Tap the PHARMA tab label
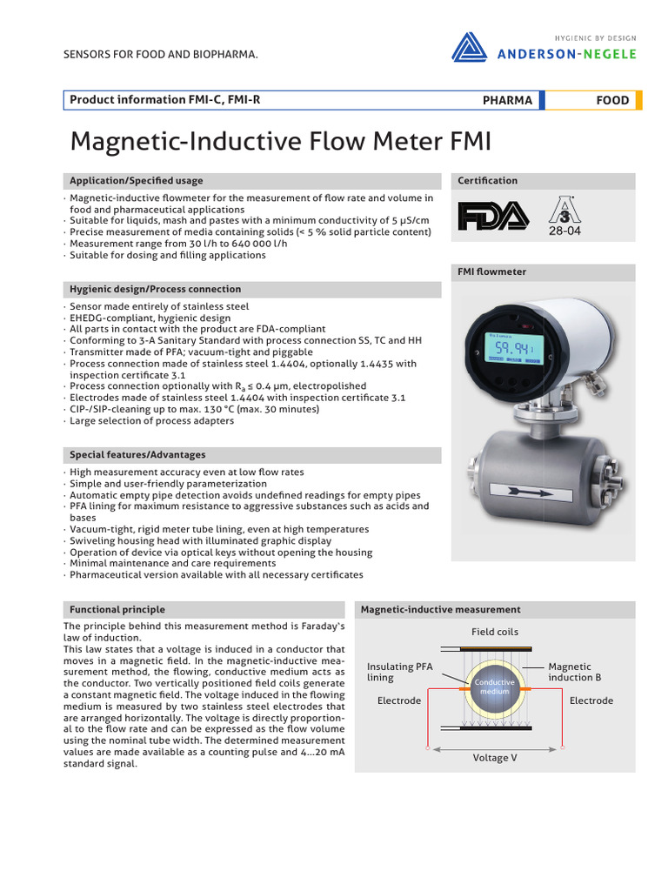click(507, 100)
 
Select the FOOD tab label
click(612, 100)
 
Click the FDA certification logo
click(492, 216)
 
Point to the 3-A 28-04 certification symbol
click(563, 216)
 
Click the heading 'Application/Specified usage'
click(137, 181)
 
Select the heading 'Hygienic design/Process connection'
click(156, 289)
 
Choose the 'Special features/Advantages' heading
click(137, 454)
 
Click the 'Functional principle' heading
click(117, 609)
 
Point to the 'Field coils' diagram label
click(495, 632)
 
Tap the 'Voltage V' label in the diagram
click(495, 758)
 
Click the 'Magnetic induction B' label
click(574, 672)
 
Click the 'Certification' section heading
click(488, 181)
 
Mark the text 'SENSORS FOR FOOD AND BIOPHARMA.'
click(161, 55)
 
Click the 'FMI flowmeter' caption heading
click(492, 271)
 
